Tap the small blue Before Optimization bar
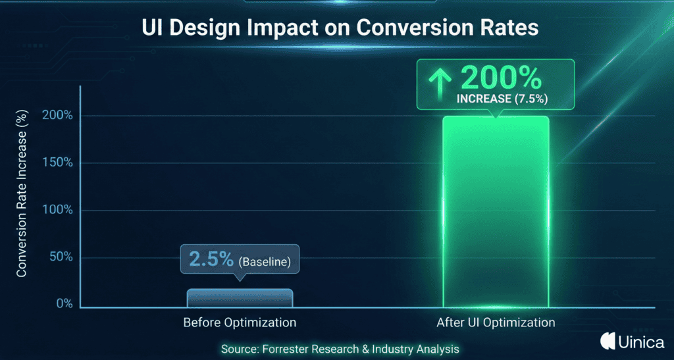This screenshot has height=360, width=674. pyautogui.click(x=240, y=298)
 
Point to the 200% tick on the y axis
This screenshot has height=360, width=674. pyautogui.click(x=59, y=116)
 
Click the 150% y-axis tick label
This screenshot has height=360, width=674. pyautogui.click(x=59, y=163)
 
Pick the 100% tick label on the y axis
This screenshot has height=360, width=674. pyautogui.click(x=59, y=210)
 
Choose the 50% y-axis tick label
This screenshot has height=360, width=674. pyautogui.click(x=61, y=257)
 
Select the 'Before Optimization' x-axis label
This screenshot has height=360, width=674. pyautogui.click(x=240, y=323)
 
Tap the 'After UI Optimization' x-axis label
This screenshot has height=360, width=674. pyautogui.click(x=496, y=323)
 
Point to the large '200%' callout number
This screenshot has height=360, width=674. pyautogui.click(x=502, y=78)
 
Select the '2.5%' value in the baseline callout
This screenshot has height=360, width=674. pyautogui.click(x=211, y=260)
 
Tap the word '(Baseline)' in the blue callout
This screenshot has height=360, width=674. pyautogui.click(x=265, y=261)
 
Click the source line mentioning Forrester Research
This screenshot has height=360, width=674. pyautogui.click(x=340, y=349)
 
